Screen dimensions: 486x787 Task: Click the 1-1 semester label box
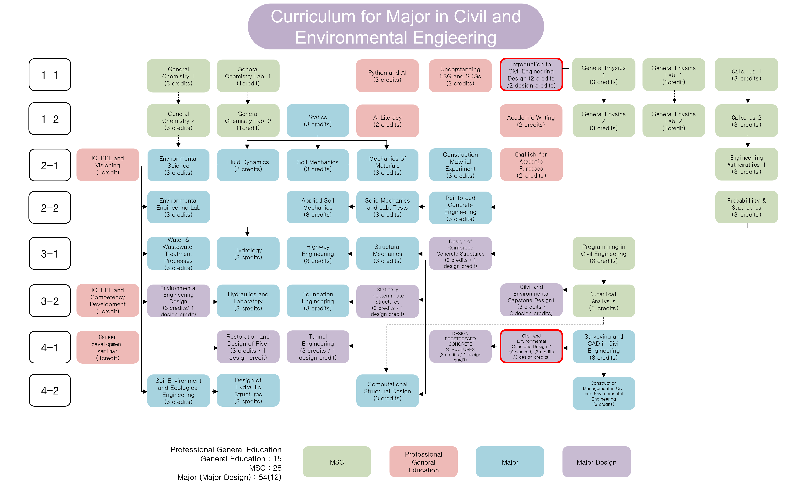click(x=50, y=75)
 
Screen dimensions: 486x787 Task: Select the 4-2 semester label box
click(x=50, y=390)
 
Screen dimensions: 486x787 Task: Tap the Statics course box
click(x=317, y=120)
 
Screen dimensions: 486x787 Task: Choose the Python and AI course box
click(x=387, y=76)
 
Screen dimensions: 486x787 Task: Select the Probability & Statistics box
click(x=746, y=207)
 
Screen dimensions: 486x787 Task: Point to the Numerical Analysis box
click(x=603, y=301)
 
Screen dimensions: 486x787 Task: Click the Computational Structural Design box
click(x=387, y=391)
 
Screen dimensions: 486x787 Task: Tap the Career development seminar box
click(x=108, y=347)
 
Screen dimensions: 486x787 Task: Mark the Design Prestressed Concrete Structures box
click(x=460, y=346)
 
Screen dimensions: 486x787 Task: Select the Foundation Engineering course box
click(x=317, y=301)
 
